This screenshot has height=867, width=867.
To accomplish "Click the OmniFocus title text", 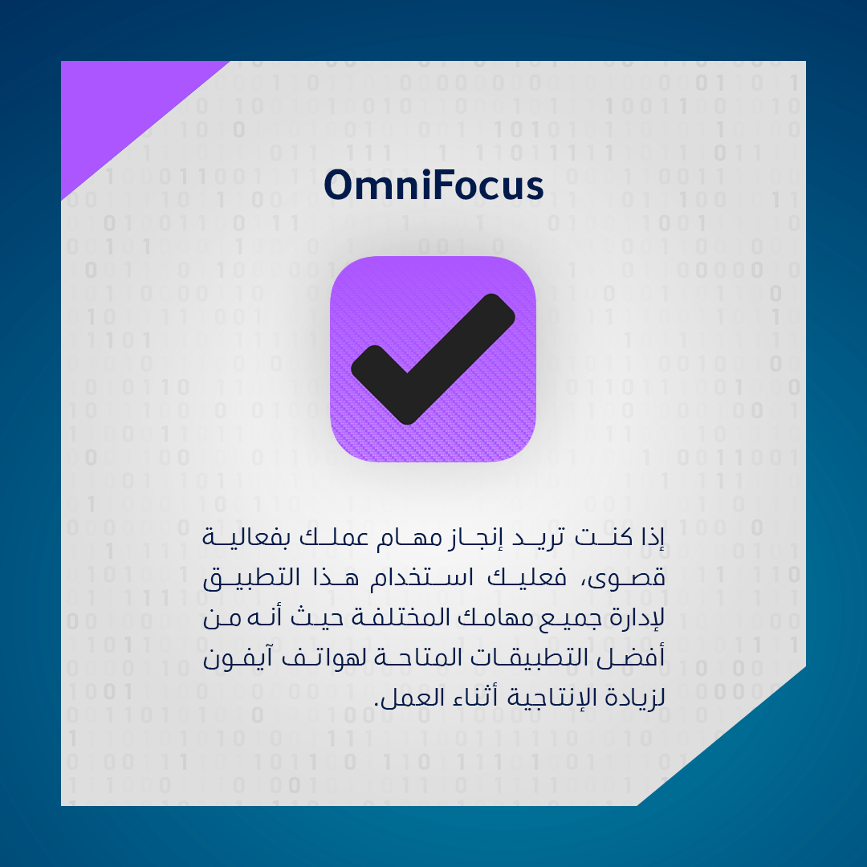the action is [433, 185].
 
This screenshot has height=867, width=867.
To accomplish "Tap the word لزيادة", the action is [635, 698].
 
